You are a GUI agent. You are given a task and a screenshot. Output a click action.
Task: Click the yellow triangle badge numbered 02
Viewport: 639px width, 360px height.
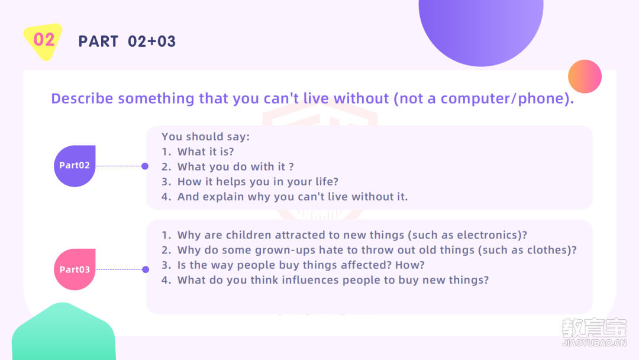(x=43, y=41)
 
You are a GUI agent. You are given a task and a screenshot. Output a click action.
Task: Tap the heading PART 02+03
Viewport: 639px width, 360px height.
(x=127, y=41)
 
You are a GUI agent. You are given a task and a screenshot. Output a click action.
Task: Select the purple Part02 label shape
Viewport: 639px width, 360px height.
(x=75, y=166)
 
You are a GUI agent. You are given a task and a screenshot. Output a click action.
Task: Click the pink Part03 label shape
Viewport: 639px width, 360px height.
(x=75, y=269)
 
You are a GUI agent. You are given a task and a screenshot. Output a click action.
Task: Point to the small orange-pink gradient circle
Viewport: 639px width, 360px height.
(x=585, y=76)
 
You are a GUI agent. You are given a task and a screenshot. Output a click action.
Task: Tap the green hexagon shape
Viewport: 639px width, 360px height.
(x=63, y=332)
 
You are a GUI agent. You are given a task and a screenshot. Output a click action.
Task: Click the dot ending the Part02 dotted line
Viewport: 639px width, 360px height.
(x=145, y=166)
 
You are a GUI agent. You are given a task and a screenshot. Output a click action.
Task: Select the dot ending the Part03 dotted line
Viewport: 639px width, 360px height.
(x=146, y=269)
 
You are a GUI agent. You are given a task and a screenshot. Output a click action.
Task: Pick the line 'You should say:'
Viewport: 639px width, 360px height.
(x=205, y=137)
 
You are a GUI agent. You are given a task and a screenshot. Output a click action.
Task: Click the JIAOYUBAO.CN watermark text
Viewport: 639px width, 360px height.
(x=594, y=343)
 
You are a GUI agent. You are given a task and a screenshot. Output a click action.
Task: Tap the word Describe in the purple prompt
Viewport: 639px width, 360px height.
(x=82, y=99)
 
